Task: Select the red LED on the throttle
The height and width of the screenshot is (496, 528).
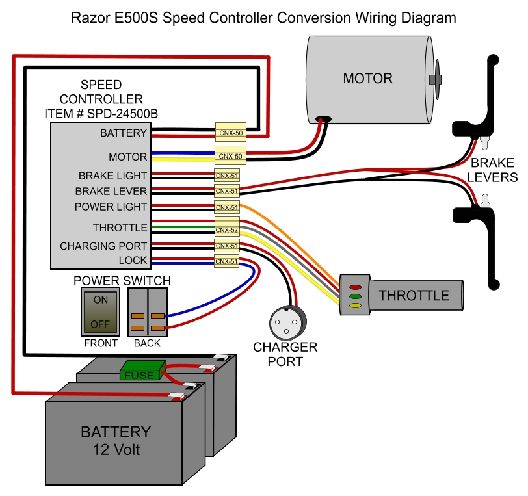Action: [356, 287]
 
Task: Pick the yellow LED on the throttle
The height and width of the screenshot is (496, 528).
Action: [356, 304]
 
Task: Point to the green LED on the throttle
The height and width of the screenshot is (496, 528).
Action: [356, 296]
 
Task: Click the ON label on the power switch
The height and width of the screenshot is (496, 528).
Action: [101, 300]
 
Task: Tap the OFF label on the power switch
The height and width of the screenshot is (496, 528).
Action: [101, 323]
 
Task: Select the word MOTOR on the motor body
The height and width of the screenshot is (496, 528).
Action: [368, 79]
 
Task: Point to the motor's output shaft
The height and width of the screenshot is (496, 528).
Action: [437, 79]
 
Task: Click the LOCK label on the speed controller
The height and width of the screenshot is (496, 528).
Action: [134, 260]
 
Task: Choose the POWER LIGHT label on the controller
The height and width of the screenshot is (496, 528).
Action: [111, 207]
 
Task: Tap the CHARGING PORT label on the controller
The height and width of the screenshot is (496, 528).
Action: [103, 246]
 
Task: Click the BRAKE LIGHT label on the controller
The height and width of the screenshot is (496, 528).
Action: [112, 176]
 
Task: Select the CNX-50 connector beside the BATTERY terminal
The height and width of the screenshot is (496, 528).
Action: [230, 132]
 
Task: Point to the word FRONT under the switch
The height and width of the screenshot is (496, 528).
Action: [101, 343]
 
